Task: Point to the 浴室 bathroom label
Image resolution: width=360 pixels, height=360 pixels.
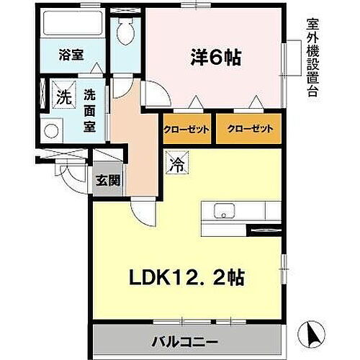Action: pos(72,55)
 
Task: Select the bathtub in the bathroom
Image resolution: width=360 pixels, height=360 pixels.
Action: pos(72,26)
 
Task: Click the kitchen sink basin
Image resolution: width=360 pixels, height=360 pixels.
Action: pos(223,212)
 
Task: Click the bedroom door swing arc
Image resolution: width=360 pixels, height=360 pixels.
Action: pos(153,94)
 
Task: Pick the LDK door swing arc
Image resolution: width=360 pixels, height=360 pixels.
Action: pos(143,210)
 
